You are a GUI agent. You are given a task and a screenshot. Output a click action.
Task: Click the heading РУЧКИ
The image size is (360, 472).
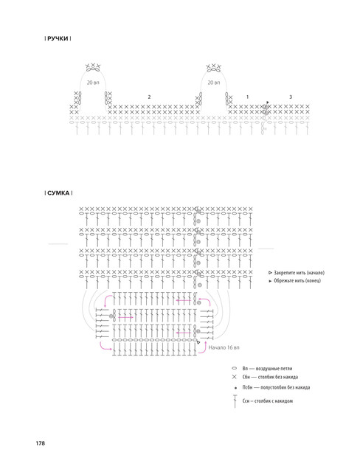[x=58, y=38]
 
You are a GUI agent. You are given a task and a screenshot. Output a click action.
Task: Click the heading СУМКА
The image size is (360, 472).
[x=58, y=193]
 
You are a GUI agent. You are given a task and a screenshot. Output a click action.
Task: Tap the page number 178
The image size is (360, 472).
[x=41, y=443]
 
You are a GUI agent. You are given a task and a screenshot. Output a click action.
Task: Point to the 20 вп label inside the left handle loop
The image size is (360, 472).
[x=93, y=83]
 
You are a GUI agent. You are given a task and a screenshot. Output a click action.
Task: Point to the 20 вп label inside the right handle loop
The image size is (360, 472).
[x=214, y=83]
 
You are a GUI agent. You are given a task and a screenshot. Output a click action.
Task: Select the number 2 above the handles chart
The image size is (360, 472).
[x=149, y=97]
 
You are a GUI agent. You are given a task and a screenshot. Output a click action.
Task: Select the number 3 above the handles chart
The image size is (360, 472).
[x=291, y=97]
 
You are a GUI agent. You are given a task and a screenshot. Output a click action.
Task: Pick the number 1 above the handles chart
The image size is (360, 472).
[x=247, y=97]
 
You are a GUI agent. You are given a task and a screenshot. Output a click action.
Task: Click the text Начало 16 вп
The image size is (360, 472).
[x=224, y=347]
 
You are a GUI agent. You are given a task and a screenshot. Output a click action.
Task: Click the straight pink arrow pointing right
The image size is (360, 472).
[x=126, y=317]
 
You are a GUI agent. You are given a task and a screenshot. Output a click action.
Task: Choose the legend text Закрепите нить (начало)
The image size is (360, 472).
[x=300, y=273]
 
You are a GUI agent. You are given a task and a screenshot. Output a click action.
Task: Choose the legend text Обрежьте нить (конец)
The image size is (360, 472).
[x=297, y=280]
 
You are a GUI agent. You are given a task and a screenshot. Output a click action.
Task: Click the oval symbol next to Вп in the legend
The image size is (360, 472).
[x=234, y=369]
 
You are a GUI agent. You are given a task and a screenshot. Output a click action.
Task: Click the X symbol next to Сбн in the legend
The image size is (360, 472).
[x=235, y=377]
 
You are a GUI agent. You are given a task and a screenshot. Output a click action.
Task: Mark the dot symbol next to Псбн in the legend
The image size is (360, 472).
[x=235, y=388]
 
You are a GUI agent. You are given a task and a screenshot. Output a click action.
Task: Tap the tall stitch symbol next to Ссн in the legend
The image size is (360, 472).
[x=235, y=401]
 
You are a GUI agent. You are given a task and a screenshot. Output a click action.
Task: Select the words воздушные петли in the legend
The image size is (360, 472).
[x=274, y=369]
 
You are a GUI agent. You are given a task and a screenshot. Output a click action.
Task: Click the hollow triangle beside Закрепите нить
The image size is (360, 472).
[x=270, y=273]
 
